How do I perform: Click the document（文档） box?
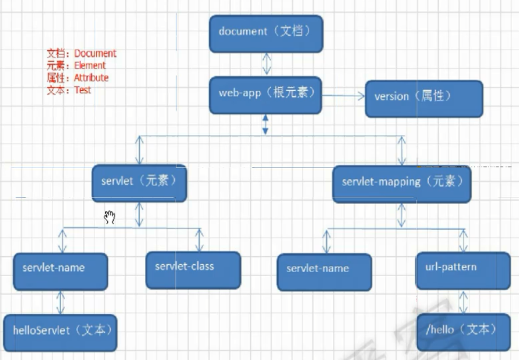pos(266,33)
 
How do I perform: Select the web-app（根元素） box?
pos(265,95)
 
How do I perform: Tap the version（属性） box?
pos(424,99)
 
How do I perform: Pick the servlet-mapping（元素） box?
pos(402,184)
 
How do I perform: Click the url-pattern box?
pos(463,271)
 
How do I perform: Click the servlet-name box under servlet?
pos(60,271)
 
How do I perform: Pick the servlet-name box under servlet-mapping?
pos(324,272)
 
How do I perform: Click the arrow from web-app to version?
pos(343,96)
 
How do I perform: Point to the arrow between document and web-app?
pos(267,64)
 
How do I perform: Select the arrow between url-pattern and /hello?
pos(464,302)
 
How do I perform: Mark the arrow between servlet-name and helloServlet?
pos(61,302)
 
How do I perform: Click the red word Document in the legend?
pos(95,54)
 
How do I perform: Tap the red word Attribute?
pos(91,78)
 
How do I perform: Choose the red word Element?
pos(90,66)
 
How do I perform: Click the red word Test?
pos(83,90)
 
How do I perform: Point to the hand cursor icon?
pos(110,217)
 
